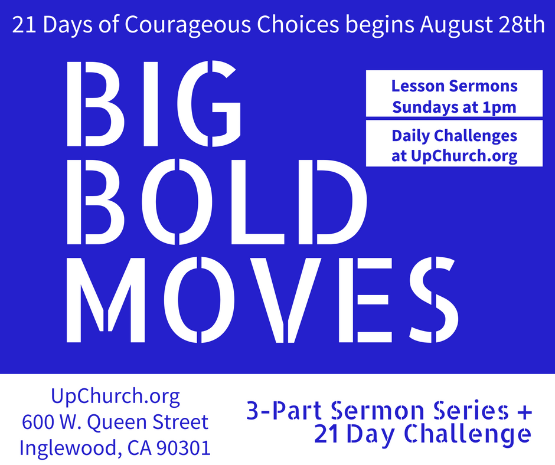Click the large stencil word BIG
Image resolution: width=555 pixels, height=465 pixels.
click(x=154, y=103)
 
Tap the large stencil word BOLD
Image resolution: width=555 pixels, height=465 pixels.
click(x=216, y=202)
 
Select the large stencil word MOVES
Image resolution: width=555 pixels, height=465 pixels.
click(x=262, y=300)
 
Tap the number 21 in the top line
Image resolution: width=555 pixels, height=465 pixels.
click(x=24, y=25)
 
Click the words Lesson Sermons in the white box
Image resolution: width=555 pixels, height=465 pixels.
click(x=454, y=86)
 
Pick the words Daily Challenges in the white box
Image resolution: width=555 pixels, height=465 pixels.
click(x=454, y=136)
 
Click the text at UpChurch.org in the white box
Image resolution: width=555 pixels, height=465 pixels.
click(x=454, y=156)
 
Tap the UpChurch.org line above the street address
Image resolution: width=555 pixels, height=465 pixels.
click(x=115, y=397)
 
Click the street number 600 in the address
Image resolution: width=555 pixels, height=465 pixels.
click(x=37, y=422)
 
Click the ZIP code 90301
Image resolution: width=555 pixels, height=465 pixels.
click(x=184, y=448)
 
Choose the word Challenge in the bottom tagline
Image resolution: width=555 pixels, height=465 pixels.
click(x=468, y=434)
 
